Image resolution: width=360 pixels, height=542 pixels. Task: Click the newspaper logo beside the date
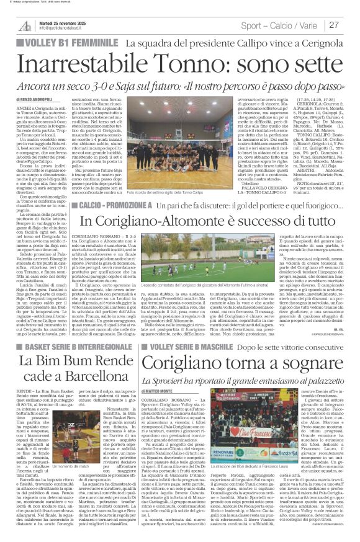(x=25, y=25)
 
